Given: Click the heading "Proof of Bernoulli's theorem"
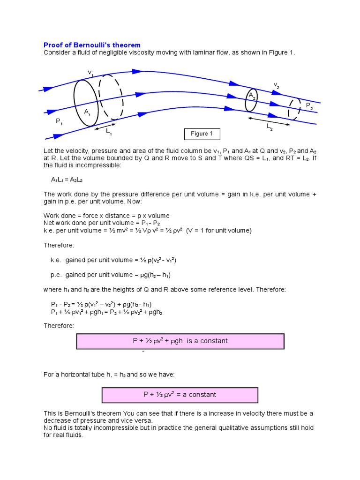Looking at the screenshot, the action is click(92, 45).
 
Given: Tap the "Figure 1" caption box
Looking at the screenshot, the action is click(202, 134).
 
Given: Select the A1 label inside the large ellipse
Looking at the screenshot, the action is click(88, 112).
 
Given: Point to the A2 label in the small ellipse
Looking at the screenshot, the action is click(252, 96).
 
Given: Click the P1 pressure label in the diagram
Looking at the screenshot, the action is click(60, 121).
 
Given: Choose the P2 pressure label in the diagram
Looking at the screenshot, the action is click(309, 106).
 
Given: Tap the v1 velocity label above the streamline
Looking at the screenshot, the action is click(90, 73).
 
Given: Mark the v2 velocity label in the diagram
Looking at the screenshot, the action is click(277, 85).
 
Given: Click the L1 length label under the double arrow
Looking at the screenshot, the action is click(109, 132).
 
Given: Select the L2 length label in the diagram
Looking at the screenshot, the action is click(270, 127).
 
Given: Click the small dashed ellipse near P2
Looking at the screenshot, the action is click(294, 109).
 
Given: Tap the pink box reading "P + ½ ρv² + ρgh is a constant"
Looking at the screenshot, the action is click(180, 341).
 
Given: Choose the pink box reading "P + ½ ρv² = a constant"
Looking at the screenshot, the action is click(180, 395).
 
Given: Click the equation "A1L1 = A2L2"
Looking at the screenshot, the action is click(67, 180).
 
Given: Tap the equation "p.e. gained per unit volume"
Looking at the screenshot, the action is click(107, 275).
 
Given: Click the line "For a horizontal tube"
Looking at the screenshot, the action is click(109, 375).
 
